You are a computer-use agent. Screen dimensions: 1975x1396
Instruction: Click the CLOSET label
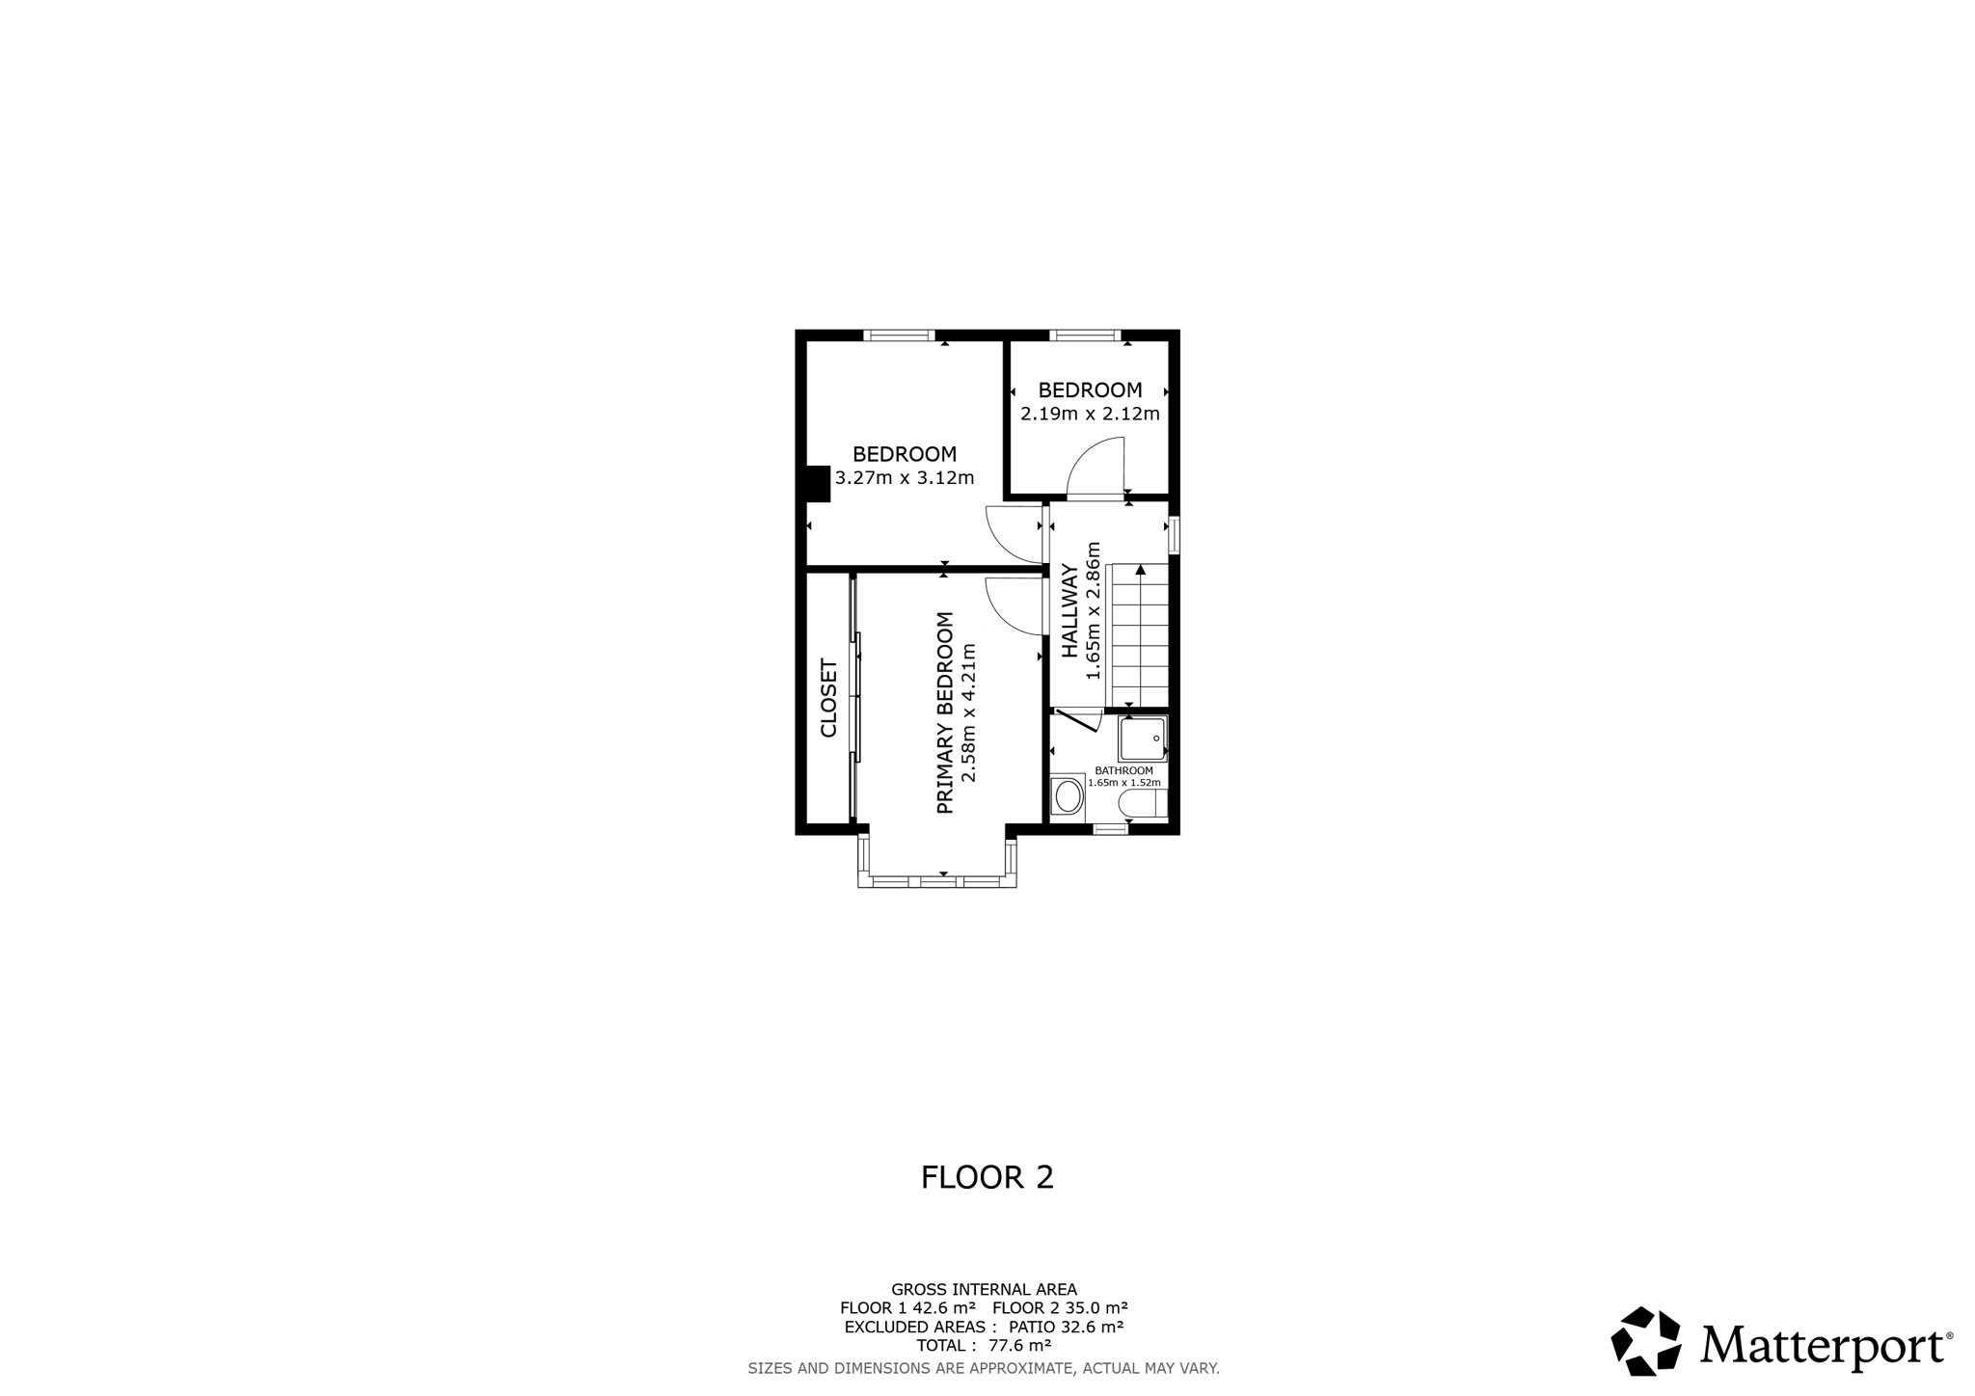pyautogui.click(x=829, y=698)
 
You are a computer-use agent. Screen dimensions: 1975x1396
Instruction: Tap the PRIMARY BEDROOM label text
pyautogui.click(x=945, y=712)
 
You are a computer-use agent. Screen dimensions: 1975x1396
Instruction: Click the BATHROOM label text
pyautogui.click(x=1124, y=771)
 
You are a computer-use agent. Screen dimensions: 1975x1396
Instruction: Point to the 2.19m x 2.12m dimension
pyautogui.click(x=1090, y=415)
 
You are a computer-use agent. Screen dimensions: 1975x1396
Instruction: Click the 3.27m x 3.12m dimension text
pyautogui.click(x=905, y=478)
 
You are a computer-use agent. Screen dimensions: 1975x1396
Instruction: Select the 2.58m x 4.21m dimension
pyautogui.click(x=969, y=712)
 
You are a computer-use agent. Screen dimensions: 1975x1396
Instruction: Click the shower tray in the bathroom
pyautogui.click(x=1143, y=738)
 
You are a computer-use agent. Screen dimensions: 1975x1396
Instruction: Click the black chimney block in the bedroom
pyautogui.click(x=818, y=484)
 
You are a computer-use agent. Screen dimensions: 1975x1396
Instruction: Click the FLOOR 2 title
pyautogui.click(x=987, y=1177)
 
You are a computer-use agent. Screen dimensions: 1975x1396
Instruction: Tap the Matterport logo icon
pyautogui.click(x=1646, y=1341)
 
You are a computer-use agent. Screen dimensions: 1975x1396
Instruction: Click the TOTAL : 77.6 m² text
pyautogui.click(x=984, y=1346)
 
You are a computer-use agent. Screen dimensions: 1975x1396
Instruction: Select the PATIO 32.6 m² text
pyautogui.click(x=1066, y=1327)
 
